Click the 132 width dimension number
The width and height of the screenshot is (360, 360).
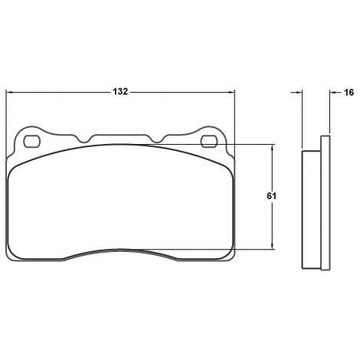click(120, 92)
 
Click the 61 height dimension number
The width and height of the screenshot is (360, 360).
click(271, 196)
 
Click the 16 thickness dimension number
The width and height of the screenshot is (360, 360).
click(349, 92)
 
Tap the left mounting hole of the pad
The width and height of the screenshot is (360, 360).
click(32, 142)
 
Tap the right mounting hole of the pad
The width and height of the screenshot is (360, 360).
click(210, 142)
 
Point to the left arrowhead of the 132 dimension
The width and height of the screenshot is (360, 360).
click(10, 92)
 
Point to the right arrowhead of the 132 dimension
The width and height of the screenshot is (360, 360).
click(231, 92)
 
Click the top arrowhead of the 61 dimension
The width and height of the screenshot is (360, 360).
click(273, 148)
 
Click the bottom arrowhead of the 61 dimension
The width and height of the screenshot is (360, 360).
click(273, 246)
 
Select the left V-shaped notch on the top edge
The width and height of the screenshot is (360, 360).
click(84, 139)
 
